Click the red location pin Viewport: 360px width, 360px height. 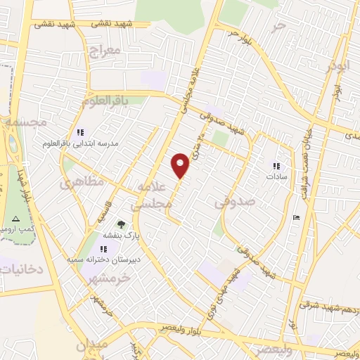pos(181,165)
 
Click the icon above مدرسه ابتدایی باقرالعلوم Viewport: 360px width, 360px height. pos(80,132)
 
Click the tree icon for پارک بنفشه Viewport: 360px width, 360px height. pos(121,225)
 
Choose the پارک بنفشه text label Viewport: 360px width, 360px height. pos(122,237)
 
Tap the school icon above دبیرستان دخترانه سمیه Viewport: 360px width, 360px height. pos(104,249)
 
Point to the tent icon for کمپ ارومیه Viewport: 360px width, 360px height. pos(15,219)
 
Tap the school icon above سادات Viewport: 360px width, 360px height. pos(276,166)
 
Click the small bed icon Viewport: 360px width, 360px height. pos(297,217)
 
